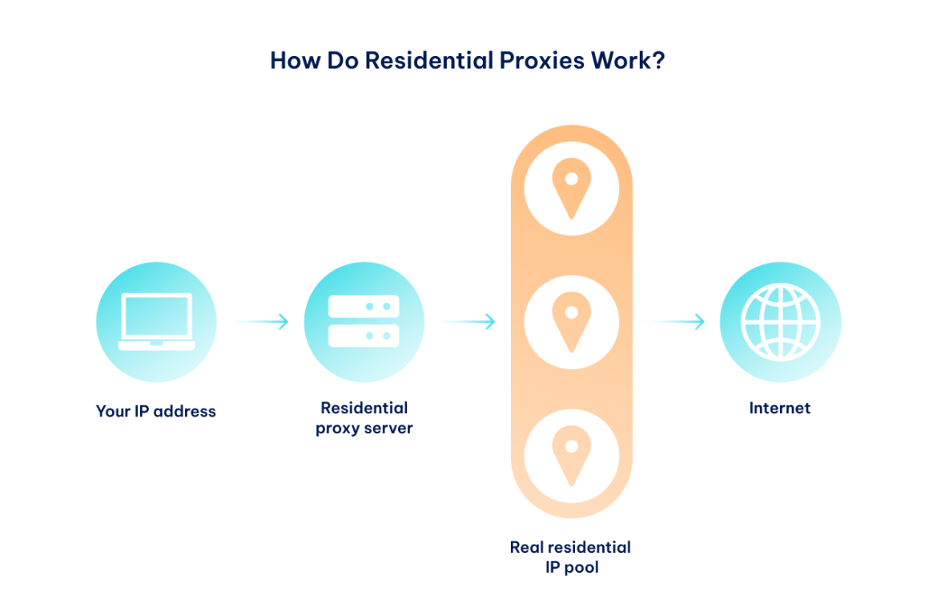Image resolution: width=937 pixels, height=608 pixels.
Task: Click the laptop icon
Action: click(155, 322)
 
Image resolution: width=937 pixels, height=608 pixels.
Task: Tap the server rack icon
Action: click(364, 321)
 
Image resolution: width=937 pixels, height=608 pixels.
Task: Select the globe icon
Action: click(780, 322)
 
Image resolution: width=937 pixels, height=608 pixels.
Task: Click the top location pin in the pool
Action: click(571, 187)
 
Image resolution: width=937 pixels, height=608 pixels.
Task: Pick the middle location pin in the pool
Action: click(571, 322)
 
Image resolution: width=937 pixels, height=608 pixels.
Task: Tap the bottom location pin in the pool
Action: click(571, 457)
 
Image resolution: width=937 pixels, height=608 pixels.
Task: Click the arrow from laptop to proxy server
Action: click(255, 322)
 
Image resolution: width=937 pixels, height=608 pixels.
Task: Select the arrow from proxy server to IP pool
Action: click(461, 322)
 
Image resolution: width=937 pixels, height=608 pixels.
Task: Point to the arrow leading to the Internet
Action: click(671, 322)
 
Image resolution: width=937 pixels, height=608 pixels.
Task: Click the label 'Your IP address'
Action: click(155, 412)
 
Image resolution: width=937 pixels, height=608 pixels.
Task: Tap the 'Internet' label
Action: click(780, 409)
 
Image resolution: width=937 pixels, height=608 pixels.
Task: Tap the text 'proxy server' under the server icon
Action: click(364, 429)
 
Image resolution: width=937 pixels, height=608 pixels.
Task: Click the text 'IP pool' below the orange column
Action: click(570, 568)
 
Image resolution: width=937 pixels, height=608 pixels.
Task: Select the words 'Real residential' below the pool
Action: click(570, 548)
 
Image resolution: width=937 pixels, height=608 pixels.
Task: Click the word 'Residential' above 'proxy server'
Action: click(364, 409)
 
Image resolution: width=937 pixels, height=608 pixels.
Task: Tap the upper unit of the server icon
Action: click(364, 306)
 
